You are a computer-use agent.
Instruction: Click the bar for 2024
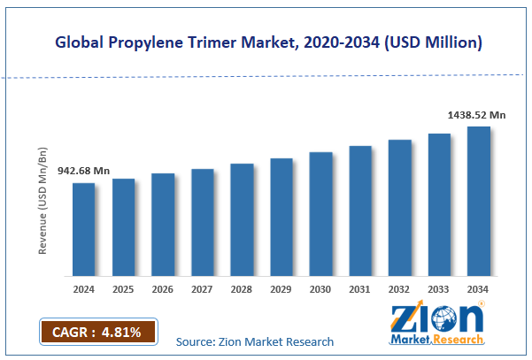point(83,230)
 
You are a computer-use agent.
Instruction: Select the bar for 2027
point(203,223)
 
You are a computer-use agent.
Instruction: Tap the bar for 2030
point(320,214)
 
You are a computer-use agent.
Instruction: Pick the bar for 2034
point(479,202)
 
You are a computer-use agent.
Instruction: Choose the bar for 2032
point(399,208)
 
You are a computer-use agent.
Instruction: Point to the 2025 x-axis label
point(123,289)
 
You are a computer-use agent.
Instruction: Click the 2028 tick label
point(242,289)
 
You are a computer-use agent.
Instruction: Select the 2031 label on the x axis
point(359,289)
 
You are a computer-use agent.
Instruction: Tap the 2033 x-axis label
point(439,289)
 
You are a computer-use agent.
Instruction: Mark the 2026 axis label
point(163,289)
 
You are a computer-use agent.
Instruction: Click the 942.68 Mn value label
point(83,171)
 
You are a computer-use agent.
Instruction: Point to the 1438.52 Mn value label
point(475,114)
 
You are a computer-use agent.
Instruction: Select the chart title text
point(266,41)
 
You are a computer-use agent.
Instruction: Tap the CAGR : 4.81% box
point(97,332)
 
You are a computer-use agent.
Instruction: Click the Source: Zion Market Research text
point(255,341)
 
